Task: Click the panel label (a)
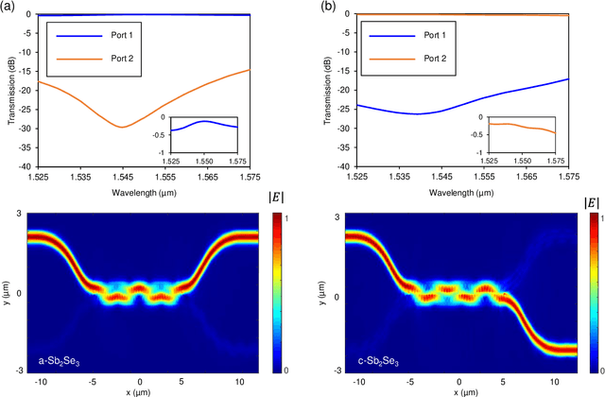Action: pyautogui.click(x=9, y=7)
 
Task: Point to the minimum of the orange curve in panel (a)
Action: pyautogui.click(x=122, y=127)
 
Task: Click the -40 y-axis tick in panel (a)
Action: pyautogui.click(x=20, y=165)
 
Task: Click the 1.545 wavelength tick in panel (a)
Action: pyautogui.click(x=123, y=176)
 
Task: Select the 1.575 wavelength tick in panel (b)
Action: pyautogui.click(x=570, y=176)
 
